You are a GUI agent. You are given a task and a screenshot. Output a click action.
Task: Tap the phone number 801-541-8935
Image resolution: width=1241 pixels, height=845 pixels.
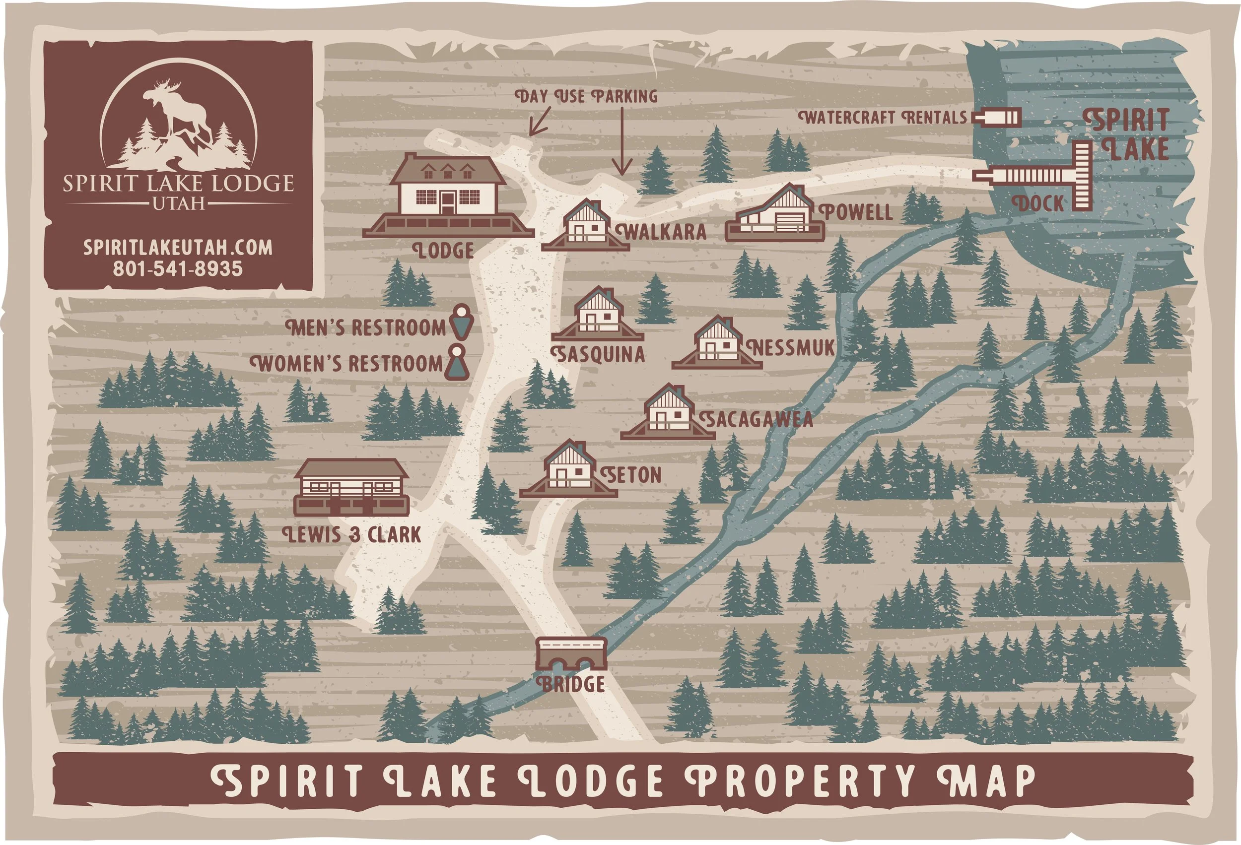pyautogui.click(x=177, y=268)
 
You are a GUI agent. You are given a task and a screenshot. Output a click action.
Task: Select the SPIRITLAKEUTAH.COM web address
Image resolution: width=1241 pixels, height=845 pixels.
pyautogui.click(x=178, y=247)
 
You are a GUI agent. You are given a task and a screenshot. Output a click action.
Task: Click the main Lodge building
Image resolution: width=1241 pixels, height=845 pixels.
pyautogui.click(x=447, y=195)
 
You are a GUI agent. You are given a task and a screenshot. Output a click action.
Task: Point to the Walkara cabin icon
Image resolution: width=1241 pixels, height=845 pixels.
pyautogui.click(x=586, y=227)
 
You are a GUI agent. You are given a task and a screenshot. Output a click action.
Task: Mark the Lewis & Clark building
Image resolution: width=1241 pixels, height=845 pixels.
pyautogui.click(x=351, y=487)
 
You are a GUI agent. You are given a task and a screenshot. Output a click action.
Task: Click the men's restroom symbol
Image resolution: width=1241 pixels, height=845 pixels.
pyautogui.click(x=463, y=323)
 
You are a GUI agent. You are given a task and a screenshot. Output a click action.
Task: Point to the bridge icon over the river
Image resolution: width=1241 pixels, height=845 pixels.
pyautogui.click(x=571, y=653)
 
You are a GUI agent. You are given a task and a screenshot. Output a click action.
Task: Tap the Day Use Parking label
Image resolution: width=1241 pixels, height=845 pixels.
pyautogui.click(x=586, y=97)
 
